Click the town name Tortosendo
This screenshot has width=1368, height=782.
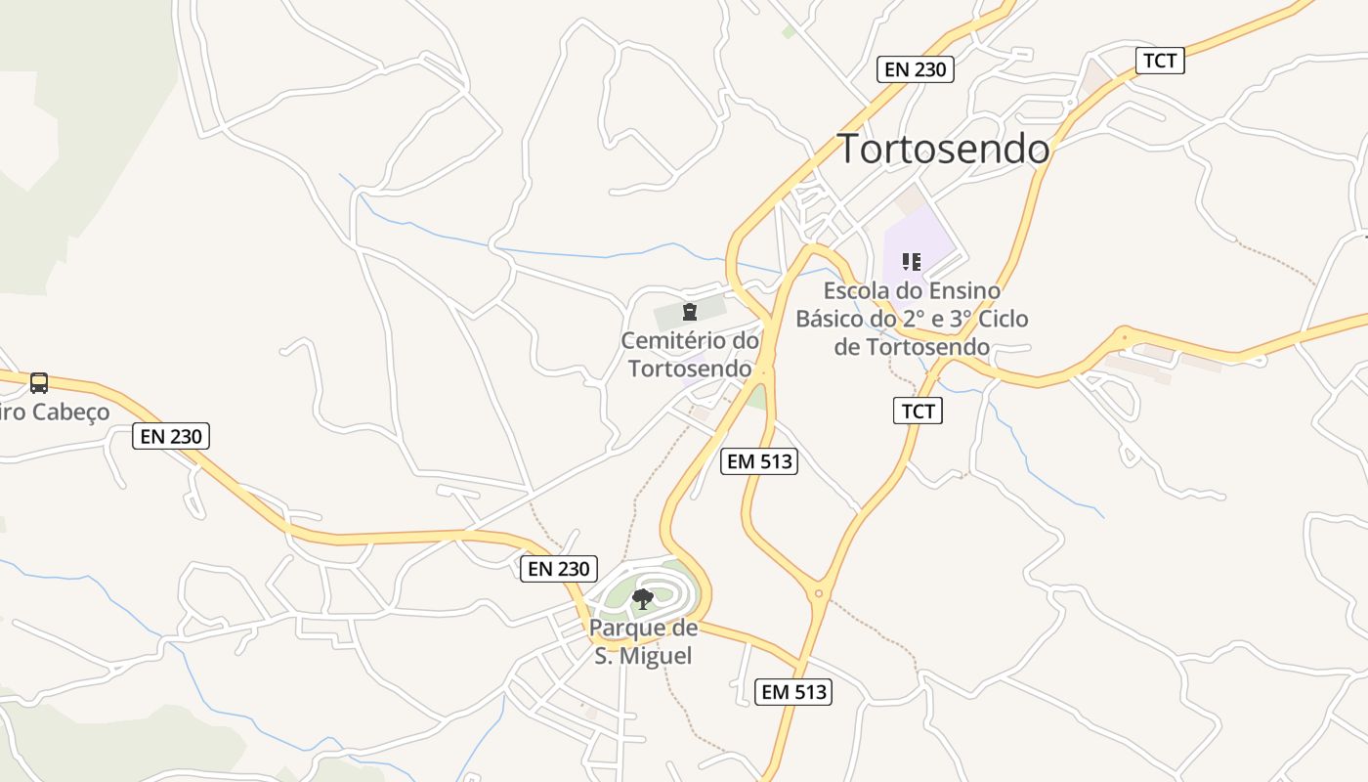point(944,150)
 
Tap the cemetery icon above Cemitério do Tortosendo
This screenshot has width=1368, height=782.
point(690,312)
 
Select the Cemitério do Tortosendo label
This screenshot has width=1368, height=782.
point(690,355)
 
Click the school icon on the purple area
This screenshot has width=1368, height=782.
point(912,261)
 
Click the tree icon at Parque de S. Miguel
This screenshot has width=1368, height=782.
point(643,598)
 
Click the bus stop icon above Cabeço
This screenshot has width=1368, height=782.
point(39,382)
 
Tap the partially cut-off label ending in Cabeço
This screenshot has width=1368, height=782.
point(54,412)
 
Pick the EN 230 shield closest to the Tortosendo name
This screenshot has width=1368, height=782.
point(915,68)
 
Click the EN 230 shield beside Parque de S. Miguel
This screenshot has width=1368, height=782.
point(558,569)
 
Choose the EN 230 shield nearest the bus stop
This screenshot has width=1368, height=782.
point(171,436)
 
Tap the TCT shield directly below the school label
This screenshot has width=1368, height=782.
point(918,411)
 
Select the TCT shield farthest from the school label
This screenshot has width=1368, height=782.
point(1160,61)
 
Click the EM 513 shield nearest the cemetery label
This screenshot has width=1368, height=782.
point(759,461)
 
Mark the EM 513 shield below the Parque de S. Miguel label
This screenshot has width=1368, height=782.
point(793,692)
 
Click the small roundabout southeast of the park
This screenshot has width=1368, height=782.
point(819,592)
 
